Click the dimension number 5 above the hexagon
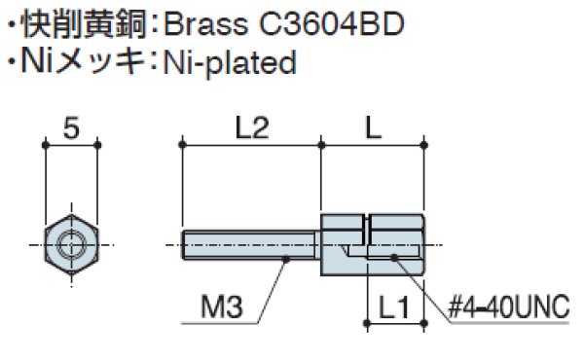tap(70, 126)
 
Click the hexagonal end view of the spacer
tap(71, 243)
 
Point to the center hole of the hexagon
tap(71, 243)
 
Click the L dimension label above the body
tap(372, 126)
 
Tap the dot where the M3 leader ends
tap(287, 260)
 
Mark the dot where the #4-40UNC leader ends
tap(395, 258)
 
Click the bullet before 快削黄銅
tap(11, 22)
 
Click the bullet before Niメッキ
tap(11, 64)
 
